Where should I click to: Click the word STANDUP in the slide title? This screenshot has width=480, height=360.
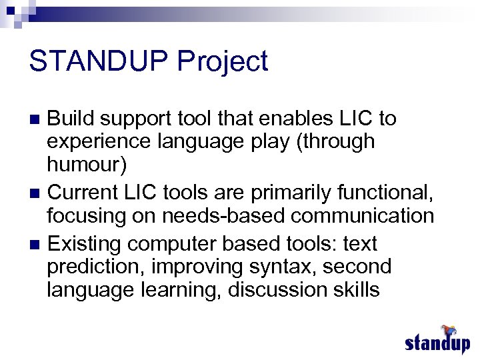pos(99,62)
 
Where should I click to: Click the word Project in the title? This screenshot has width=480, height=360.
pos(223,62)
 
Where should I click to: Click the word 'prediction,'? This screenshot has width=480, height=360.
pos(96,267)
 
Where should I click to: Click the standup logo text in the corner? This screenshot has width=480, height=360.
pos(437,344)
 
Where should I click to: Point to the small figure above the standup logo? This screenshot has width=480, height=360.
pos(448,330)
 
